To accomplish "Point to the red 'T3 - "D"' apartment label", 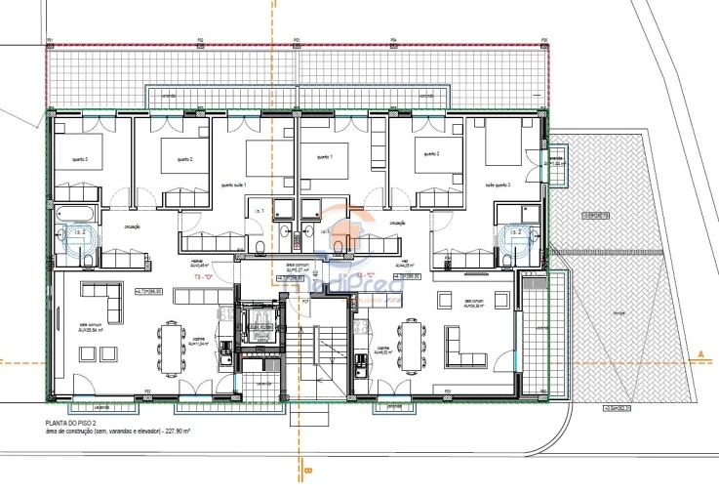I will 204,277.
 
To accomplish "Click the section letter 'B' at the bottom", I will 306,473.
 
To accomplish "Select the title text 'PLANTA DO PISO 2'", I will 77,422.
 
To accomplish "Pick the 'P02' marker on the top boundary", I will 200,40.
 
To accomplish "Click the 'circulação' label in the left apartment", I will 133,226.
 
